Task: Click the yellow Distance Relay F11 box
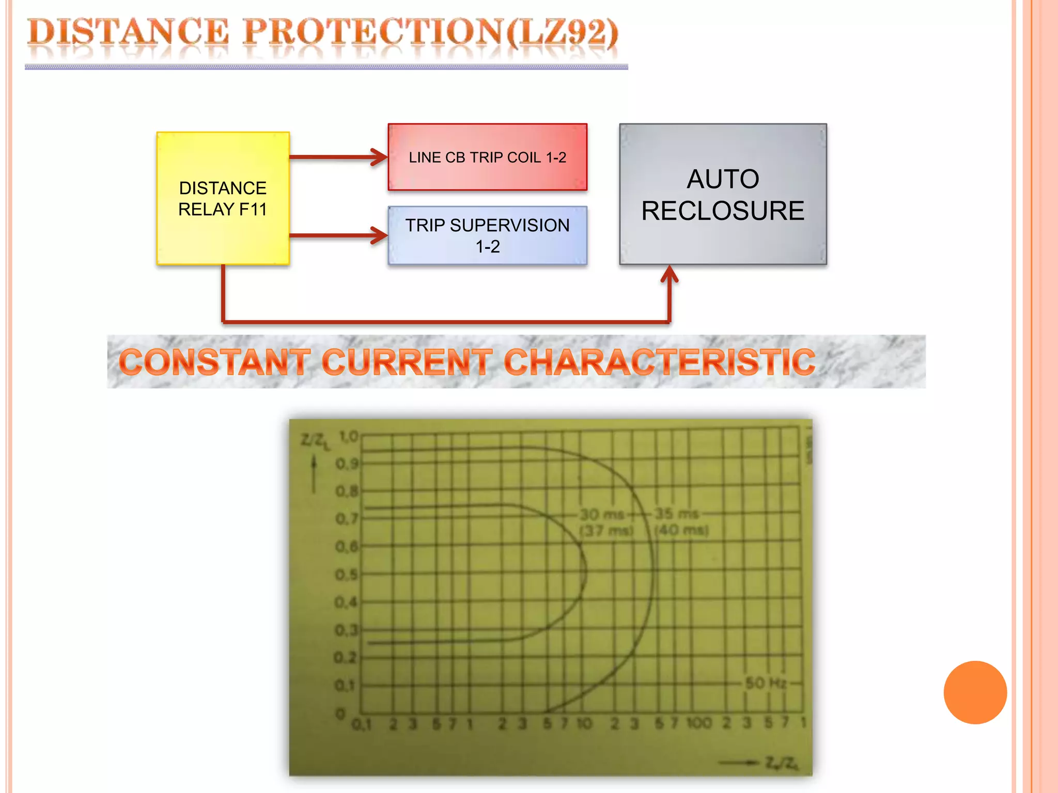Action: click(223, 198)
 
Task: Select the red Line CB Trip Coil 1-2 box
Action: click(487, 157)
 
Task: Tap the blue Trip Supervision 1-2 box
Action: click(487, 235)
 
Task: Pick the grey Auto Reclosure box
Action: click(723, 194)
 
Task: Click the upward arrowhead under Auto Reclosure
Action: click(670, 274)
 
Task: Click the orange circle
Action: click(975, 692)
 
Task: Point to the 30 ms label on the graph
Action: click(602, 514)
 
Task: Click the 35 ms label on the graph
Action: click(677, 514)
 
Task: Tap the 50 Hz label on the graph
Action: click(766, 683)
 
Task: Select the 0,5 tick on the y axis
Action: click(346, 575)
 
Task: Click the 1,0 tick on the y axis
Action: click(348, 437)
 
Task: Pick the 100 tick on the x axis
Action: click(699, 723)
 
